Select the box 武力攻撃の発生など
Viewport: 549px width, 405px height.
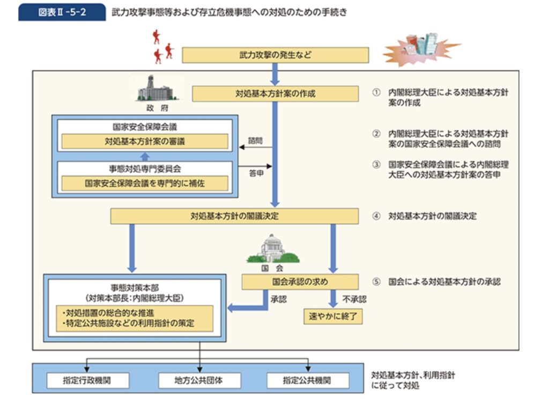point(276,55)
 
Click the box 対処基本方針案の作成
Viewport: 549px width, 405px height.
point(275,93)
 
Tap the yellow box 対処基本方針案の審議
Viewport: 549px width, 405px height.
point(145,142)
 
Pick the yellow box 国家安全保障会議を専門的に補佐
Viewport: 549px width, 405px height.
point(145,183)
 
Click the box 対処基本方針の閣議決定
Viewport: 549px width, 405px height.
point(234,217)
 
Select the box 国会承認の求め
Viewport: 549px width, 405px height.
point(300,282)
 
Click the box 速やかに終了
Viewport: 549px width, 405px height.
point(332,316)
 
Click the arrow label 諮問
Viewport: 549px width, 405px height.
point(255,140)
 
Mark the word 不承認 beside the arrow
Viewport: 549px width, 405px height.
point(354,299)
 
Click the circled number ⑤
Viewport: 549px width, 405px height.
point(376,282)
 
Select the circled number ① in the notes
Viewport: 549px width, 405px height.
point(376,93)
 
